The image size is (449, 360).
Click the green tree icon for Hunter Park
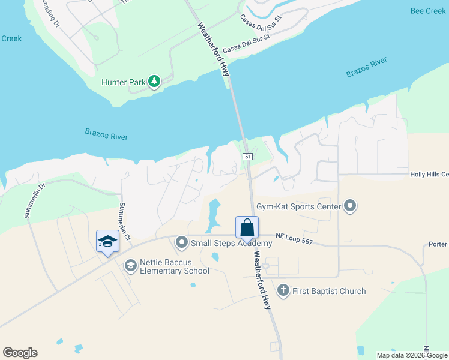coord(154,82)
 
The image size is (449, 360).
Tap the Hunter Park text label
coord(123,82)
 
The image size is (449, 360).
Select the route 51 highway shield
coord(247,156)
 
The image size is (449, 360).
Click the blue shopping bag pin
coord(247,228)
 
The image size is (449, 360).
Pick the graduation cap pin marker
coord(107,241)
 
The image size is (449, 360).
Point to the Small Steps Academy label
coord(231,243)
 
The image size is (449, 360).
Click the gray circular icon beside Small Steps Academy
coord(182,243)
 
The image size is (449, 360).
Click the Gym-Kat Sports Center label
coord(298,208)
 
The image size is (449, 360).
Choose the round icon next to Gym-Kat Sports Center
coord(351,208)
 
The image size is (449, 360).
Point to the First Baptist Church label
coord(329,291)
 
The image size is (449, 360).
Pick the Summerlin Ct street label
coord(124,221)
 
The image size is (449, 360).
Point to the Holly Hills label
coord(429,175)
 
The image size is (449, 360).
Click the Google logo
coord(20,353)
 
